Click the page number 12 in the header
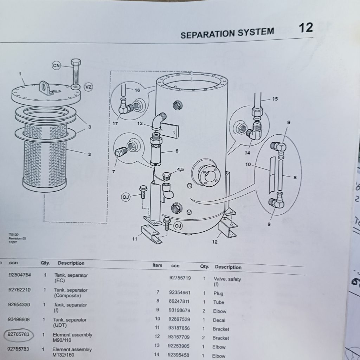pyautogui.click(x=306, y=27)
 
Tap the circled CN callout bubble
pyautogui.click(x=57, y=65)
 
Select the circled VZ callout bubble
pyautogui.click(x=88, y=86)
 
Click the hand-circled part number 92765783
pyautogui.click(x=19, y=335)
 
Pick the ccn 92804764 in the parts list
pyautogui.click(x=20, y=275)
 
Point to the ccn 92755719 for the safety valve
pyautogui.click(x=180, y=278)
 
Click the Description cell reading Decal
pyautogui.click(x=219, y=320)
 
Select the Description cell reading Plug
pyautogui.click(x=218, y=294)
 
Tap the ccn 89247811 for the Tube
pyautogui.click(x=179, y=302)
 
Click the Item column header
pyautogui.click(x=157, y=265)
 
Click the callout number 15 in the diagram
pyautogui.click(x=275, y=99)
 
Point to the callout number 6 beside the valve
pyautogui.click(x=177, y=151)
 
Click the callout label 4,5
pyautogui.click(x=180, y=169)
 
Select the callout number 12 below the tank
pyautogui.click(x=214, y=242)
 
